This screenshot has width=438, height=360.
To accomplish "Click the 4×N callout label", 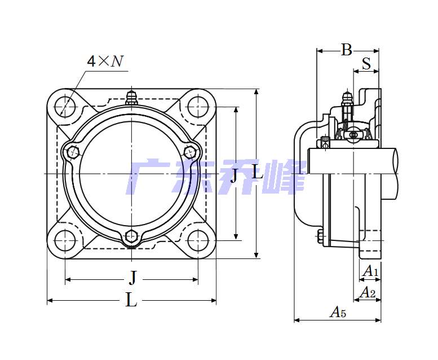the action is (105, 61).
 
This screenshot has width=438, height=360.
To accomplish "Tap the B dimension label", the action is (346, 50).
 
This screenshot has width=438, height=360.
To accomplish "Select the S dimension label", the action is (366, 64).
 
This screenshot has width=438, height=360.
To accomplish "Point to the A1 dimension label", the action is (370, 271).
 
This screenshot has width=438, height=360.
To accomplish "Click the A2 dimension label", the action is (368, 293).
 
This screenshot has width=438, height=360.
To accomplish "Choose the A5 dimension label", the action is (338, 312).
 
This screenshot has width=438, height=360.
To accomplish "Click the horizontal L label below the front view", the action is (131, 300).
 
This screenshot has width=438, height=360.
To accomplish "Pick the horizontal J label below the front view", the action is (133, 278).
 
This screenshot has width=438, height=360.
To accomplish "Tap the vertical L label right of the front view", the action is (258, 172).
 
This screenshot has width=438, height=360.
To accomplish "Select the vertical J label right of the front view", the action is (234, 175).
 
